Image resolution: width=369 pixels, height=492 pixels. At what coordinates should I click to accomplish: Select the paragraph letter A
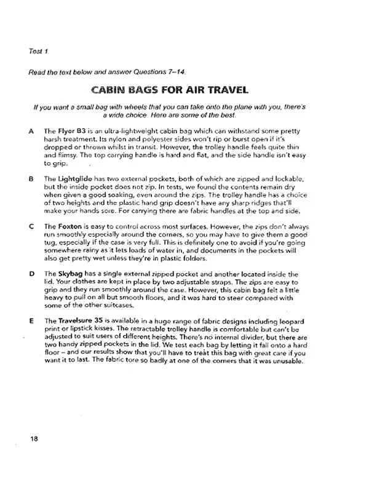tap(31, 132)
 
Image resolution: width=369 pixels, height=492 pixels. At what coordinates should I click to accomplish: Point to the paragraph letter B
tap(31, 178)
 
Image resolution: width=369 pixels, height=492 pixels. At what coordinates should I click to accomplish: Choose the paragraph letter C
tap(31, 226)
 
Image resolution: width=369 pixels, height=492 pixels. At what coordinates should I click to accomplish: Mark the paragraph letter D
tap(31, 272)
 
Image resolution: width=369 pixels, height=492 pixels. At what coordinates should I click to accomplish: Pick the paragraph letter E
tap(31, 320)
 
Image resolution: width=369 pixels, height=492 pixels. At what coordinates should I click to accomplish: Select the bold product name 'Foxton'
tap(69, 226)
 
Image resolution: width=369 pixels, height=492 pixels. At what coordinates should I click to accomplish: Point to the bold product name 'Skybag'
tap(69, 272)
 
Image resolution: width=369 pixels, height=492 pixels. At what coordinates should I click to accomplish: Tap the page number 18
tap(33, 437)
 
